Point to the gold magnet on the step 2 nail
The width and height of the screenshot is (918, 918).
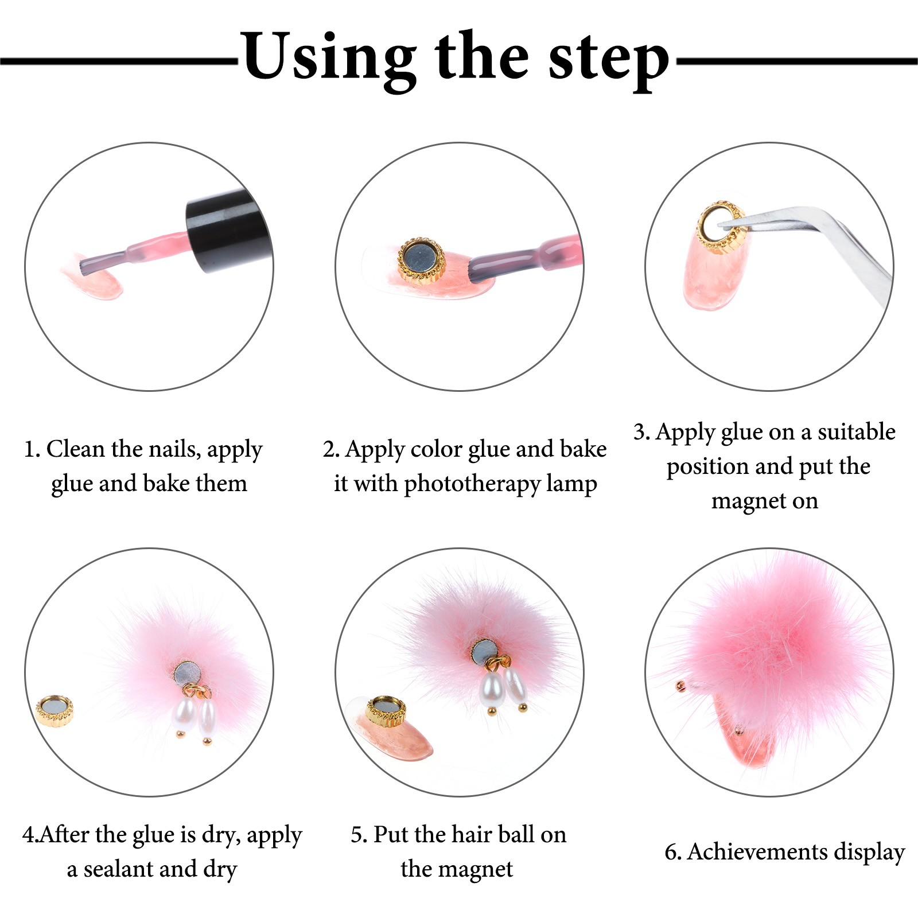(421, 260)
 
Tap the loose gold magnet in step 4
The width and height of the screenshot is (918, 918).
(55, 711)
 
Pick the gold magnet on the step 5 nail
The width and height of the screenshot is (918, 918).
(386, 711)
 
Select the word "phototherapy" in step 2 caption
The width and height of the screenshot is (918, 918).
(472, 484)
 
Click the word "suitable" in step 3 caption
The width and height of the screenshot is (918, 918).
(857, 431)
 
